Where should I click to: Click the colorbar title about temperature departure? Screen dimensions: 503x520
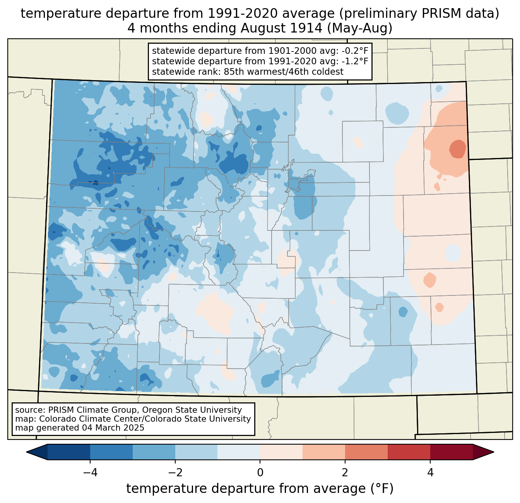[260, 489]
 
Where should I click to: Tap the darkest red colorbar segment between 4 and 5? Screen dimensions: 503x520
[451, 452]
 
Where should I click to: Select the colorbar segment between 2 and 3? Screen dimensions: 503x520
[366, 452]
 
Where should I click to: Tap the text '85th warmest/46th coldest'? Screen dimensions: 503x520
[284, 72]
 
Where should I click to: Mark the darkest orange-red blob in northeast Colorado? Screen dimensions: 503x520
[457, 149]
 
